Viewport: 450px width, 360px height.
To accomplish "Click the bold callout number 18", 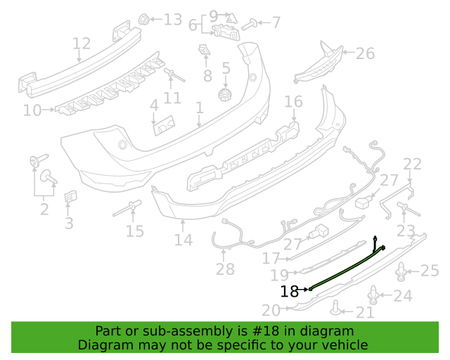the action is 289,291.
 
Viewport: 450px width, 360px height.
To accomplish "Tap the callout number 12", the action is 82,44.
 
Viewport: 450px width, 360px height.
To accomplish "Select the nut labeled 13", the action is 143,20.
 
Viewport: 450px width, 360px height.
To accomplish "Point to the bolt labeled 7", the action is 249,25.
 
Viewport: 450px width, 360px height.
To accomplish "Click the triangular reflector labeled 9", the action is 231,18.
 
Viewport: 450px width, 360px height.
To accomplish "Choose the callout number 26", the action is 365,53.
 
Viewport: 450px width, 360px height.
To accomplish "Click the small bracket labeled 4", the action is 164,125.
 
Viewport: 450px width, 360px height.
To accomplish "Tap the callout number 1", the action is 200,108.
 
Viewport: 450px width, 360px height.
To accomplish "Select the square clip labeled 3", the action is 70,197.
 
